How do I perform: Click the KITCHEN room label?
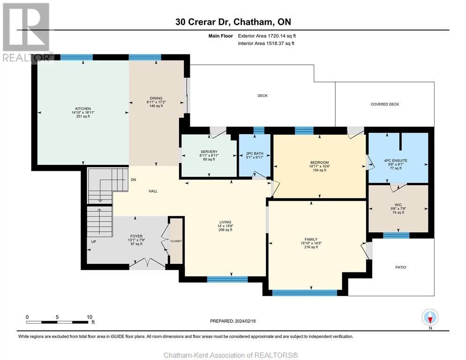tap(83, 109)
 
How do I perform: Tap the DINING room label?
tap(156, 98)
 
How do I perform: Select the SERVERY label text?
tap(209, 151)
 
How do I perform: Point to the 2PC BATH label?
tap(255, 154)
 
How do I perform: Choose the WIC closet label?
tap(398, 205)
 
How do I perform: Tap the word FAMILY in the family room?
tap(311, 240)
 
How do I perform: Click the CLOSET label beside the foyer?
tap(176, 241)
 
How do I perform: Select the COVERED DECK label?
tap(384, 105)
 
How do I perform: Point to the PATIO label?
tap(401, 267)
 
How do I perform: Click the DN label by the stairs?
tap(134, 180)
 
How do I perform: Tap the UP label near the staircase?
tap(94, 242)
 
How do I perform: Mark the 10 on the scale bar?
tap(90, 317)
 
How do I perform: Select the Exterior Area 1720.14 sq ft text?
tap(267, 36)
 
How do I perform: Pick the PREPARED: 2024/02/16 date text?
tap(233, 321)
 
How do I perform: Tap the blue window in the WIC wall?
tap(396, 235)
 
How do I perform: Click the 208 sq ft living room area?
tap(225, 230)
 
